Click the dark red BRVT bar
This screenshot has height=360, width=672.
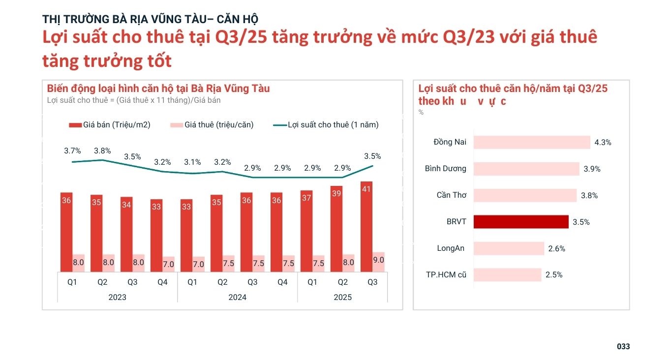(x=521, y=222)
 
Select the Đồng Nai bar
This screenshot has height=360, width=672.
(x=532, y=142)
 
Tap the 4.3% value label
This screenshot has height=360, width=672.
(x=603, y=143)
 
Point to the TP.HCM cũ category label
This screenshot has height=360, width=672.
(x=446, y=275)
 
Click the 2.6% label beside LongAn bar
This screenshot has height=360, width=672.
(x=557, y=249)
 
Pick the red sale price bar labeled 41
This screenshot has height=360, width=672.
(x=367, y=226)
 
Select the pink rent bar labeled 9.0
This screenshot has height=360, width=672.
(x=378, y=262)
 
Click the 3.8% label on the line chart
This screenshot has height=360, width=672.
(x=102, y=151)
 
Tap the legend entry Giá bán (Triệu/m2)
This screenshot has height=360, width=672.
(x=110, y=125)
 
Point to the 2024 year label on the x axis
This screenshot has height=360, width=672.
(x=238, y=297)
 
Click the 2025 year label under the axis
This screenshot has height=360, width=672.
(x=342, y=297)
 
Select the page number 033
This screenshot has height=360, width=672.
(x=623, y=347)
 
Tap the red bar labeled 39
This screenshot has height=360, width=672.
(x=336, y=229)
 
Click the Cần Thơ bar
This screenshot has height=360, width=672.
(x=525, y=195)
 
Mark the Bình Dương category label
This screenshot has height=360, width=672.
(x=445, y=169)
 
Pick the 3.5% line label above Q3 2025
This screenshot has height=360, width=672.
(x=372, y=156)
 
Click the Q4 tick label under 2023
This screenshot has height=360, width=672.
(x=162, y=282)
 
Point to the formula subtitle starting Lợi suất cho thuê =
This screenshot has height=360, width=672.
(x=134, y=100)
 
